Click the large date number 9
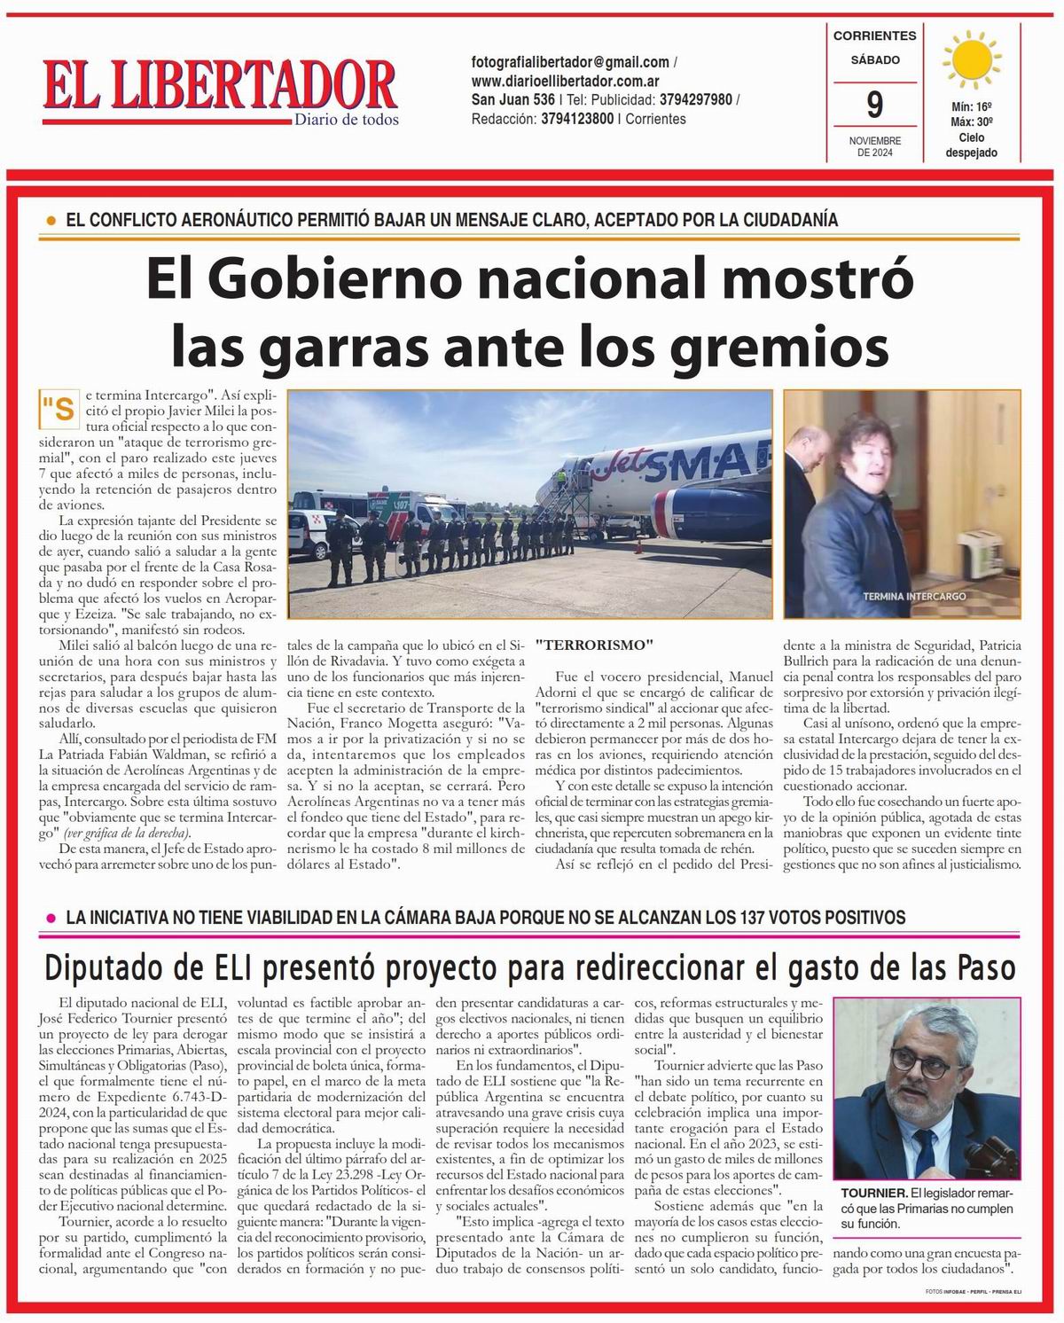[874, 106]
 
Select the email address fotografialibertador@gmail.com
[570, 62]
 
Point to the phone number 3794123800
[577, 119]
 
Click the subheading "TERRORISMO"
[594, 644]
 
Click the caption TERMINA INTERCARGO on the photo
[914, 596]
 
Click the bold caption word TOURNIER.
[873, 1194]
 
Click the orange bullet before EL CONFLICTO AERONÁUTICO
[51, 220]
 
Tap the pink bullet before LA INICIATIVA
[51, 917]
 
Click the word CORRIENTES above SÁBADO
[874, 36]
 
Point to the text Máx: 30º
[972, 122]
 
